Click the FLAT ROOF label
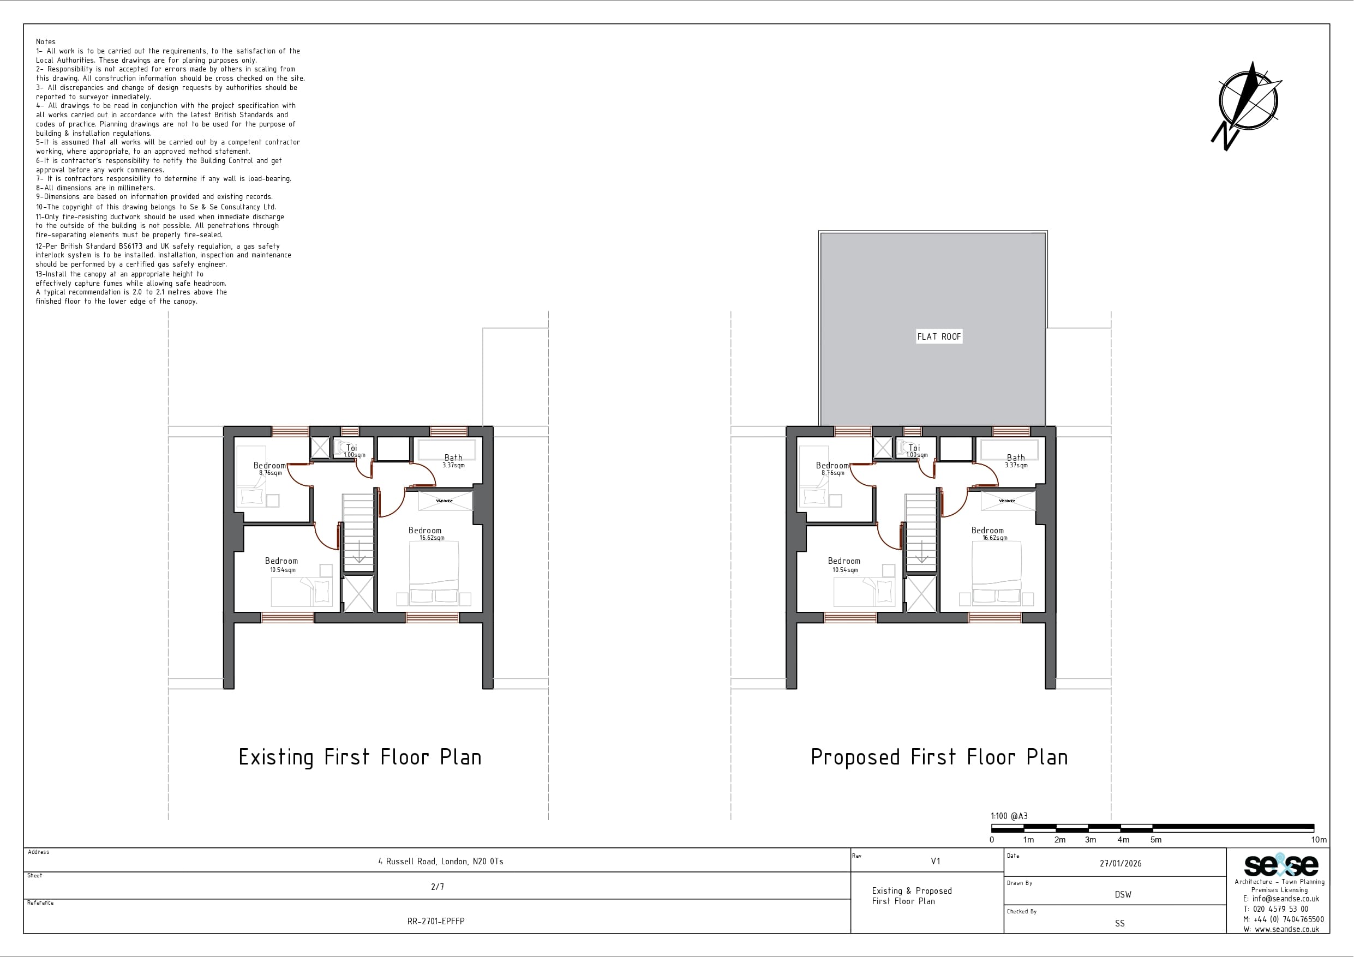(x=939, y=336)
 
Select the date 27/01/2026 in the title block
(x=1121, y=863)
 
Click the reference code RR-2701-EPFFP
(x=436, y=921)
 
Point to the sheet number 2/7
(x=438, y=887)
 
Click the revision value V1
(x=935, y=862)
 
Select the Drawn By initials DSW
(x=1123, y=894)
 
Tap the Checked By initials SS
(x=1120, y=923)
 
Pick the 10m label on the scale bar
(x=1319, y=840)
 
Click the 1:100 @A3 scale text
(x=1009, y=816)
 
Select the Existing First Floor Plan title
(x=360, y=757)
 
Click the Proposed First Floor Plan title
(x=939, y=757)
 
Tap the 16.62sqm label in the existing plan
(x=432, y=538)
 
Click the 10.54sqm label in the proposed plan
(x=845, y=570)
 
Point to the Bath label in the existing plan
(x=453, y=458)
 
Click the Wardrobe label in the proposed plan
(x=1007, y=501)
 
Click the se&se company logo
(x=1281, y=865)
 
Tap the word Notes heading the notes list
(x=45, y=42)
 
